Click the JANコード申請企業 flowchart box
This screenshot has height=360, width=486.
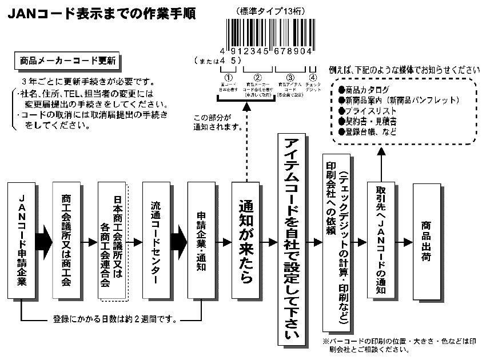[x=22, y=241]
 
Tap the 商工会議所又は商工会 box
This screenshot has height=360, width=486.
[x=66, y=241]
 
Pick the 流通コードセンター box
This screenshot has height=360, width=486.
[x=157, y=241]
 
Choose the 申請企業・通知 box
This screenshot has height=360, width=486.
[x=202, y=241]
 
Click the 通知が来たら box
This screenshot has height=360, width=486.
[x=246, y=241]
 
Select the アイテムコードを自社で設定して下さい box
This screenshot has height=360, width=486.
[x=291, y=239]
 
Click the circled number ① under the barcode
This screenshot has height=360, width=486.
[x=228, y=78]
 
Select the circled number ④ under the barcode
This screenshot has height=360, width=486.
[x=312, y=78]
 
